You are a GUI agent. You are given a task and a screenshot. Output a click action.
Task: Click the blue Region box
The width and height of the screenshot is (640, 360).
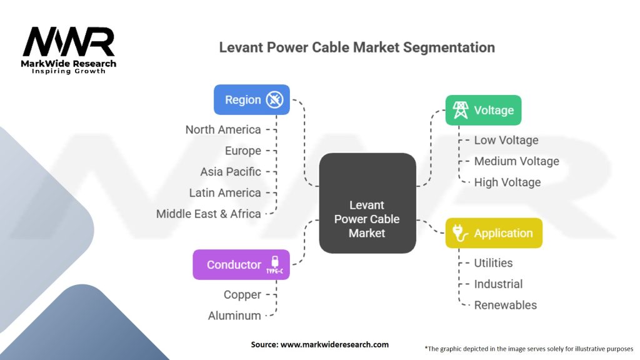(x=251, y=100)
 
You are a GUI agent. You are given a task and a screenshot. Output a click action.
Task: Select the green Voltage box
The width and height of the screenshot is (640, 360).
(x=482, y=111)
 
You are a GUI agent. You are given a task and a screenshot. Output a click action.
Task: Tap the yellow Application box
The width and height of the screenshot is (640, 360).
(x=493, y=233)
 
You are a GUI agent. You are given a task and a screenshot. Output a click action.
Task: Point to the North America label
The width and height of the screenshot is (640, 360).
(x=223, y=130)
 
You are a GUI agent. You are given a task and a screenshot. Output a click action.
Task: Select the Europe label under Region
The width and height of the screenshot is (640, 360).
(x=243, y=151)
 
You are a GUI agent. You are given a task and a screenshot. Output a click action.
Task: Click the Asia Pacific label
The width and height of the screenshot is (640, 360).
(x=231, y=172)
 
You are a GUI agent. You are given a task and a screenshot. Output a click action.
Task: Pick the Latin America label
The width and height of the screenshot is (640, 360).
(x=225, y=192)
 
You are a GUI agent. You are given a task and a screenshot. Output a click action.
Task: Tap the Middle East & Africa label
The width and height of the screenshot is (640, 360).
(x=209, y=214)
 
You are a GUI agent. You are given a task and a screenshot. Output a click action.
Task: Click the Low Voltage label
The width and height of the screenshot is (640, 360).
(x=506, y=141)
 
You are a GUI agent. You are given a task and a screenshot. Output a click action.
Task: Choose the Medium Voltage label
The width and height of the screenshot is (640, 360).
(x=516, y=161)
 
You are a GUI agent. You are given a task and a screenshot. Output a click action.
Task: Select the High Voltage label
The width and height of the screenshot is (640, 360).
(x=507, y=182)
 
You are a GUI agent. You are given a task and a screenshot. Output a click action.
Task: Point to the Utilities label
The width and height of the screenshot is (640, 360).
(x=493, y=263)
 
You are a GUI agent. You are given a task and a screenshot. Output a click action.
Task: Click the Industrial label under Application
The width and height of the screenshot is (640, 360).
(x=498, y=284)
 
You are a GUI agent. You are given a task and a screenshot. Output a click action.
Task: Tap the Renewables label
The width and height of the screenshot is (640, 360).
(x=505, y=305)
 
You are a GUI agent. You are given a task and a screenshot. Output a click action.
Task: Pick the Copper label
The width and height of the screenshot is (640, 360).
(x=242, y=294)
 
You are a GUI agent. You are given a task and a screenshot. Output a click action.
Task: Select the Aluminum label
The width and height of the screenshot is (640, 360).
(x=234, y=316)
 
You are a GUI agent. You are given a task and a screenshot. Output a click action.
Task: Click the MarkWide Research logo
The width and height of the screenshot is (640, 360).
(x=69, y=51)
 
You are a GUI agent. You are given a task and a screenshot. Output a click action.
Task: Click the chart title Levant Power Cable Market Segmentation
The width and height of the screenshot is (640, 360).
(x=357, y=47)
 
